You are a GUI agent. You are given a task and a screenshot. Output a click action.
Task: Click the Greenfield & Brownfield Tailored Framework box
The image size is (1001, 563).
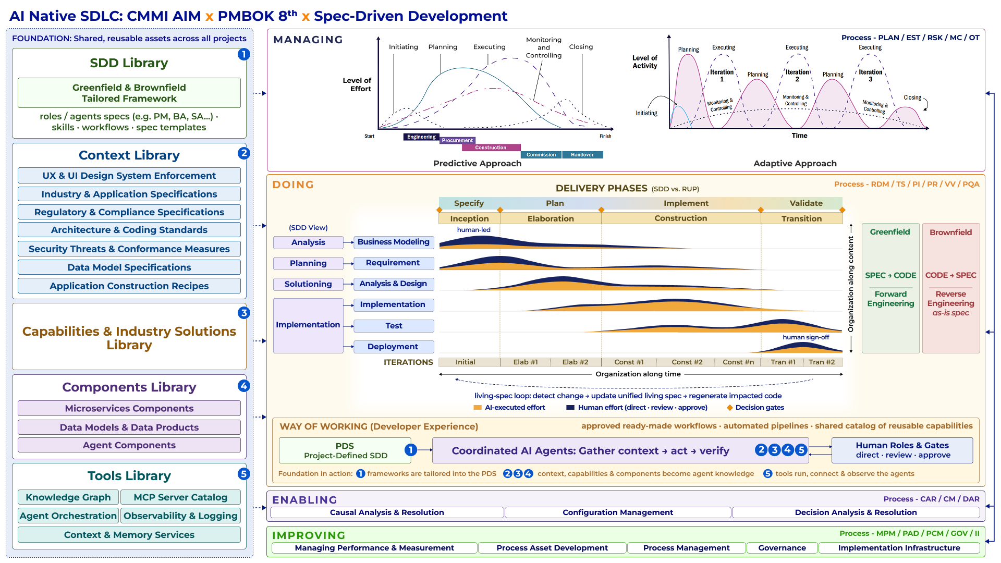coord(129,93)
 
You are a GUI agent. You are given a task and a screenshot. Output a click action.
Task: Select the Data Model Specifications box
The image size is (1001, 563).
coord(129,267)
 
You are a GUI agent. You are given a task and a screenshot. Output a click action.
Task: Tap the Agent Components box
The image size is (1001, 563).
coord(129,445)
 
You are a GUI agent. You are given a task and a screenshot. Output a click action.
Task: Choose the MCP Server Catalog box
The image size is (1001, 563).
coord(180,497)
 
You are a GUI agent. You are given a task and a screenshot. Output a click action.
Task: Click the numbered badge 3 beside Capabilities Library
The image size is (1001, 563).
coord(243,313)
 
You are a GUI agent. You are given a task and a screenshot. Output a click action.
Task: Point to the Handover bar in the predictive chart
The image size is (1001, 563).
coord(582,155)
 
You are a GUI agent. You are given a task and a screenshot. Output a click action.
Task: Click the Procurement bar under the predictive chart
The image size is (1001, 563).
coord(457,140)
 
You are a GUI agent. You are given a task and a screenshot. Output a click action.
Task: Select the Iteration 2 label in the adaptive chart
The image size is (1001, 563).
coord(797,76)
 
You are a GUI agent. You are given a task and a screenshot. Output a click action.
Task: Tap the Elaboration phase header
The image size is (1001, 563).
coord(551,218)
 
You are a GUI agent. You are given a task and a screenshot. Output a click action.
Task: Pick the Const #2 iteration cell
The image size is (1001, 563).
coord(687,362)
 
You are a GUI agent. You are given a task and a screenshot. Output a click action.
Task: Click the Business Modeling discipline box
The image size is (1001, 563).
coord(394,242)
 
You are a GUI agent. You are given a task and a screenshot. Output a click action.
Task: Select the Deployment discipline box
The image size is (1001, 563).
coord(394,347)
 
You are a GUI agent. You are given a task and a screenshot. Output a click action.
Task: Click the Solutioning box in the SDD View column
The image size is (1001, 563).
coord(308,284)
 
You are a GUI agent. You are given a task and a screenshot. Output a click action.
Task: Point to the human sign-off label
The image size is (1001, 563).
coord(805,337)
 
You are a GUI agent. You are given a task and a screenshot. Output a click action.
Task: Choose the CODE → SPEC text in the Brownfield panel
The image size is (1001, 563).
coord(950,275)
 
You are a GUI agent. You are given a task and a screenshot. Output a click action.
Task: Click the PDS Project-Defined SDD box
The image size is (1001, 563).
coord(345,450)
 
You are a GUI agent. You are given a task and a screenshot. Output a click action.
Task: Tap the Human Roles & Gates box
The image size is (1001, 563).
coord(902,450)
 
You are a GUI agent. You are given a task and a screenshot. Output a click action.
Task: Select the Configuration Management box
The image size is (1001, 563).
coord(618,512)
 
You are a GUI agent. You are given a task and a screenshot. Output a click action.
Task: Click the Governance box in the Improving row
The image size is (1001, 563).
coord(782,548)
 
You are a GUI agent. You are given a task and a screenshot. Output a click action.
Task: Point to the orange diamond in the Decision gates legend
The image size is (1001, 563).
coord(730,408)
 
